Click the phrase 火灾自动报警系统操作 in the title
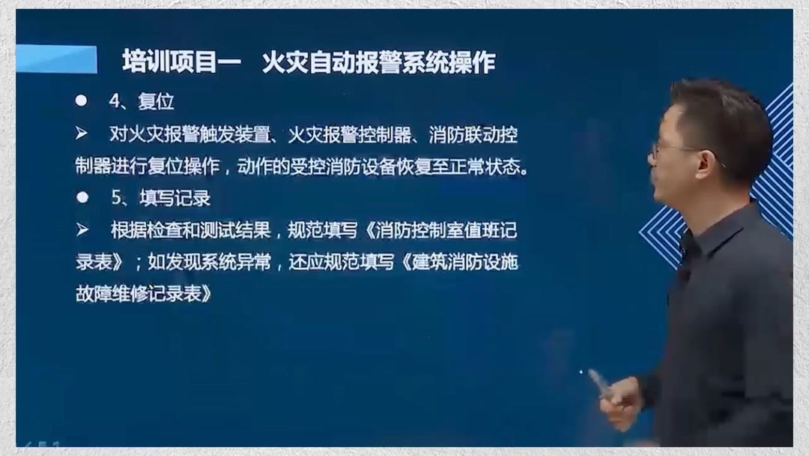point(378,62)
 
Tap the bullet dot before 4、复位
point(82,100)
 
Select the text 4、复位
point(142,100)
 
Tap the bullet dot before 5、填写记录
point(82,198)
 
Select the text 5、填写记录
point(161,198)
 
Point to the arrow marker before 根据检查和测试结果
point(82,229)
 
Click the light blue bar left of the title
point(56,59)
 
